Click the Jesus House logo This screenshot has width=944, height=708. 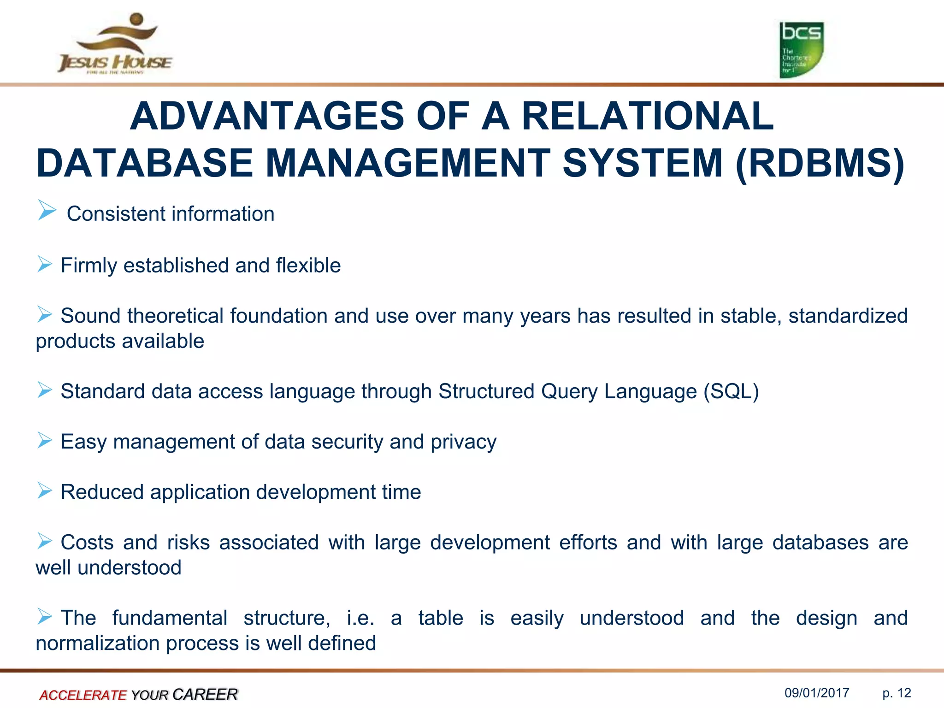(115, 45)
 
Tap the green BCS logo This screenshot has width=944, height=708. (801, 50)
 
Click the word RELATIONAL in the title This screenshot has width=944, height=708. (647, 116)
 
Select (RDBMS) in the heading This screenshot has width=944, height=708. (820, 163)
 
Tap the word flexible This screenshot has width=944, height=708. (308, 265)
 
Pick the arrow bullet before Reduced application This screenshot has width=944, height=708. (45, 491)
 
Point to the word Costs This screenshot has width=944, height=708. (87, 543)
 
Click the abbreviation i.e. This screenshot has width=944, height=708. (360, 618)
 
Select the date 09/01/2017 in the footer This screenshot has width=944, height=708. (817, 693)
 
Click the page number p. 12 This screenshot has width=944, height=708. (897, 693)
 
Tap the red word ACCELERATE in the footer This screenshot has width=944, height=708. (83, 695)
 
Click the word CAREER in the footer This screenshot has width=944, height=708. (205, 694)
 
